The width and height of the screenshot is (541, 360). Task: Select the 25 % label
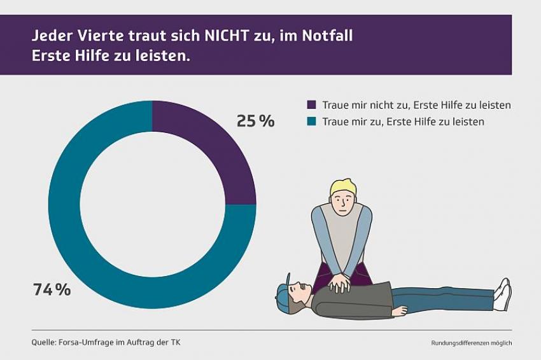(x=255, y=121)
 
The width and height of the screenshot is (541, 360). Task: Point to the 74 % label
(x=52, y=290)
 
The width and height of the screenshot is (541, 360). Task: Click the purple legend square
(x=311, y=105)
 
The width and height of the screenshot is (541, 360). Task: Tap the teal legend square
(x=311, y=121)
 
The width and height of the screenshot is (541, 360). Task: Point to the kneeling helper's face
(x=342, y=202)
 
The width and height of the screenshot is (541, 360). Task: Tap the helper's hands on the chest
(x=339, y=282)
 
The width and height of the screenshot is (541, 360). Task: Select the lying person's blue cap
(x=283, y=293)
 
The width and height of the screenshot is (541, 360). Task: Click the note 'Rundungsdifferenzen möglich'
(x=471, y=343)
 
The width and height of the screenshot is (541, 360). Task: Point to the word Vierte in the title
(x=97, y=36)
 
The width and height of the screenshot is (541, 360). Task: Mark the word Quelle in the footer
(x=43, y=342)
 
